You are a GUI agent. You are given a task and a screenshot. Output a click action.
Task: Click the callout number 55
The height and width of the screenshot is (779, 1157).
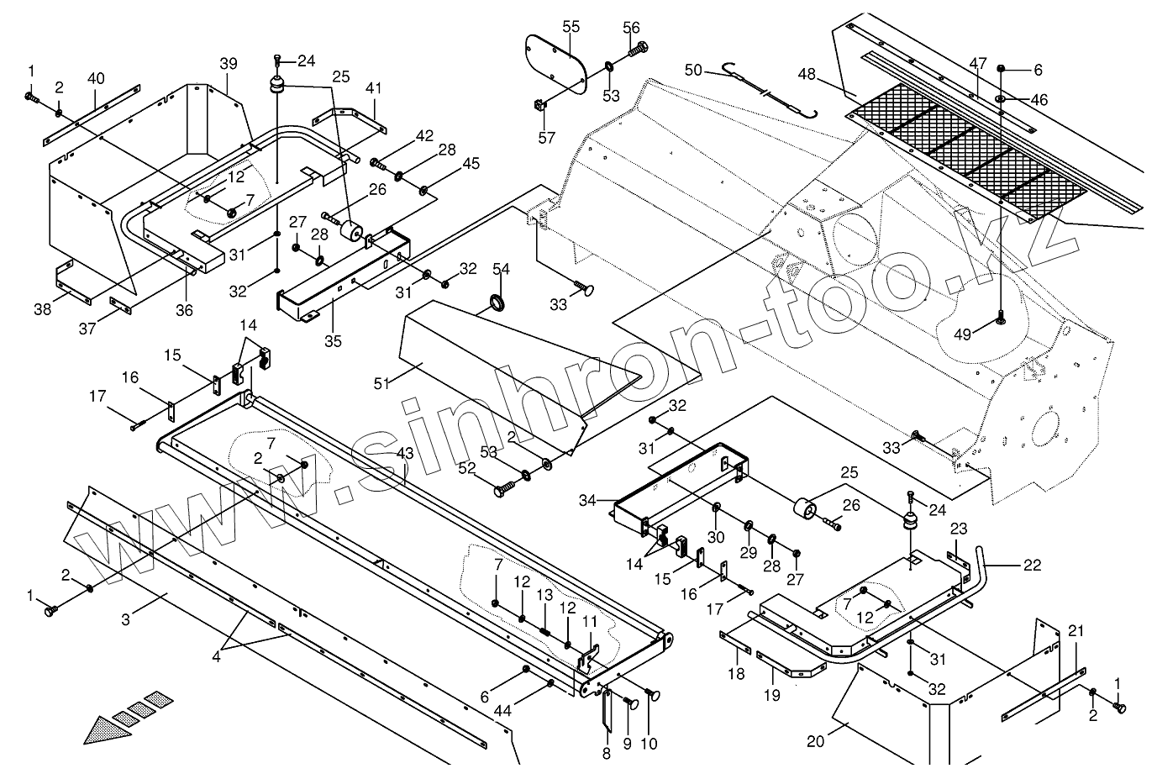tap(571, 27)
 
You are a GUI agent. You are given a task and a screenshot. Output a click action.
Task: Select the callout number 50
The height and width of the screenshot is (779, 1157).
tap(693, 70)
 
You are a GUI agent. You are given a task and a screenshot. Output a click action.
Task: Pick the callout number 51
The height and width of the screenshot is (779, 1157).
tap(381, 383)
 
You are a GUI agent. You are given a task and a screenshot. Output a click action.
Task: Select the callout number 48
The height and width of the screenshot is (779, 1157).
tap(807, 74)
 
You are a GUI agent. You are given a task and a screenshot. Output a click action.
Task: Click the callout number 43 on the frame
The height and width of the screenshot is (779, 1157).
tap(405, 453)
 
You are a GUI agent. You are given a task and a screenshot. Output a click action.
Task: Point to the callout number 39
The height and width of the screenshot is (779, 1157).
tap(229, 64)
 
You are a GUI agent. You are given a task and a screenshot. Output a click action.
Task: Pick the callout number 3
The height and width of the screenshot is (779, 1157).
tap(125, 620)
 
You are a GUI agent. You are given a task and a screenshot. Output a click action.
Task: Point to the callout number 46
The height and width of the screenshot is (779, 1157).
tap(1039, 99)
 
